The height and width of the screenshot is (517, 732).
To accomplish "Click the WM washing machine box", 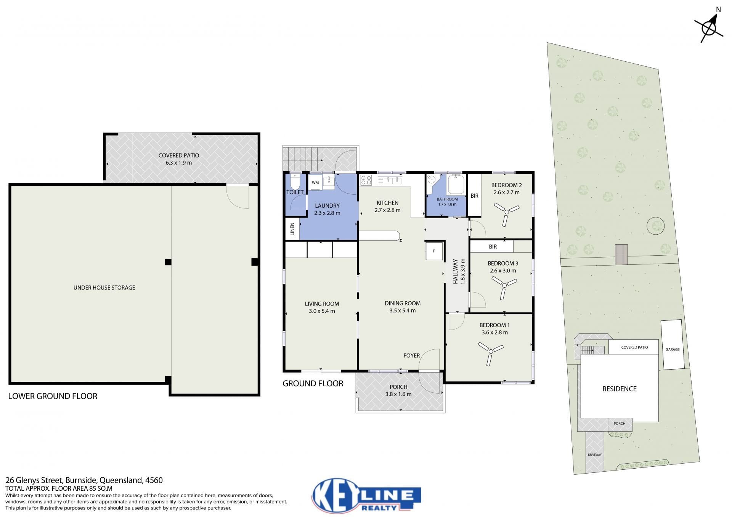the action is click(x=315, y=182).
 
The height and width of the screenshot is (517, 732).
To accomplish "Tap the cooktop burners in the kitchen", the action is click(x=366, y=180).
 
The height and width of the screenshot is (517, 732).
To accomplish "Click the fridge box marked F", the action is click(x=434, y=251).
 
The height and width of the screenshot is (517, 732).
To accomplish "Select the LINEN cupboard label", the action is click(x=292, y=229).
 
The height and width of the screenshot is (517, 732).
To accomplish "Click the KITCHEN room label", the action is click(x=387, y=203).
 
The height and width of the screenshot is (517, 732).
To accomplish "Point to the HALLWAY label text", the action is click(x=455, y=272).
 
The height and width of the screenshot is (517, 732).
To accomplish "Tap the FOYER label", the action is click(x=411, y=355).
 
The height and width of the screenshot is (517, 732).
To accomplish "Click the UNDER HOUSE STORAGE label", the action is click(x=104, y=288).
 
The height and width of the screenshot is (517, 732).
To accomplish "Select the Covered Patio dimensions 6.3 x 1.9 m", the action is click(x=178, y=163).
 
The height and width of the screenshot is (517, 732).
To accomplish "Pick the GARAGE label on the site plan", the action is click(x=673, y=349).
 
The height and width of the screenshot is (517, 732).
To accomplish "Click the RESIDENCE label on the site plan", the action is click(x=620, y=389).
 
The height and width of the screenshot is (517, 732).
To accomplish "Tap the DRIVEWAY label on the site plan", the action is click(x=595, y=455).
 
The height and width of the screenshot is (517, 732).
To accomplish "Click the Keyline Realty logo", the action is click(x=366, y=495).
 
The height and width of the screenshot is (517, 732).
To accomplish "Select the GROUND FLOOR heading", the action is click(x=313, y=384).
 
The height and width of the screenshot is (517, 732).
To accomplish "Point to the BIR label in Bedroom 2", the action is click(x=474, y=196).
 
